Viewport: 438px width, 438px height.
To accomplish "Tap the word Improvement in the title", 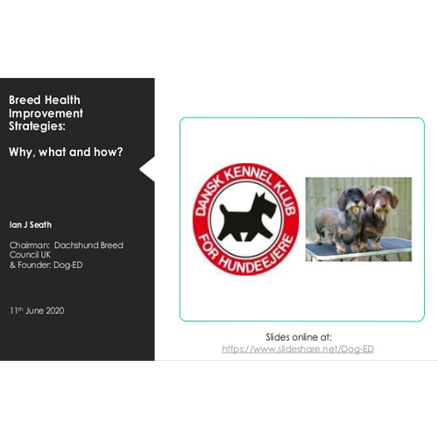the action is pos(46,113).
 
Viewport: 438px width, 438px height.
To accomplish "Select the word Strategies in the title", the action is pos(36,126).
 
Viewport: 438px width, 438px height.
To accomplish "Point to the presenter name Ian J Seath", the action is pos(31,225).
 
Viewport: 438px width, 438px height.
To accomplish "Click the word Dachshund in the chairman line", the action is pos(72,245).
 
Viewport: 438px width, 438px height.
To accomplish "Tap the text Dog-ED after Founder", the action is pos(68,265).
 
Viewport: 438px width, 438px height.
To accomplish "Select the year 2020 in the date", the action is pos(54,310).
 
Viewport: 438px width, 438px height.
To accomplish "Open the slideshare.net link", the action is pos(298,349).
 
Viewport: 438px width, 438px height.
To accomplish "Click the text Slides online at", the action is pos(299,337).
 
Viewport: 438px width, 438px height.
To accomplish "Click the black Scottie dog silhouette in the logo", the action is pos(248,217).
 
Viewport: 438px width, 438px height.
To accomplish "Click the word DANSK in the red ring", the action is pos(208,195).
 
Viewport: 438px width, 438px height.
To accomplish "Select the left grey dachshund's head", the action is pos(352,199).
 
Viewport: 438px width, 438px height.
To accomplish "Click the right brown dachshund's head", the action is pos(383,199).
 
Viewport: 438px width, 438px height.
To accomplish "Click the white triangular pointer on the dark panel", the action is pos(147,169).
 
